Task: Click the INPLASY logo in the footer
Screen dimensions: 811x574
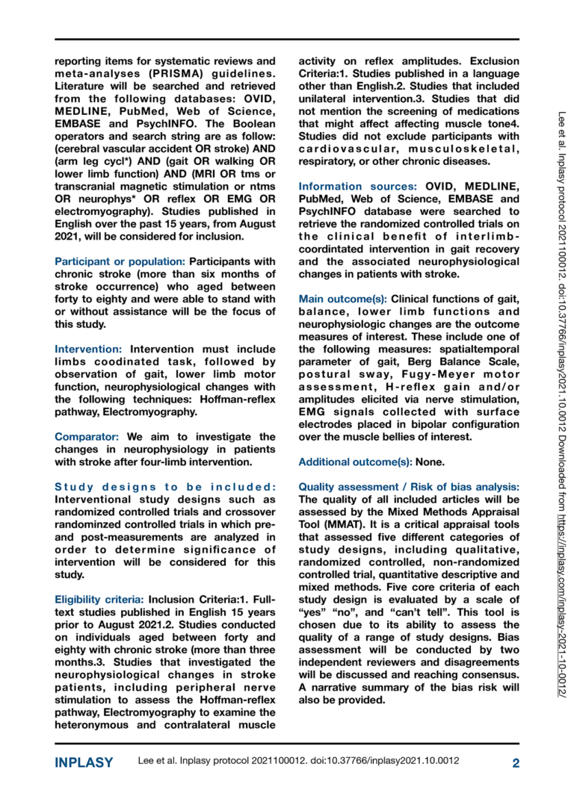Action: click(x=84, y=763)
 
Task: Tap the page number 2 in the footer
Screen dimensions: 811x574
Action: click(x=515, y=763)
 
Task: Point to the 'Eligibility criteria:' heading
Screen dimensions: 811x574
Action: click(x=99, y=598)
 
